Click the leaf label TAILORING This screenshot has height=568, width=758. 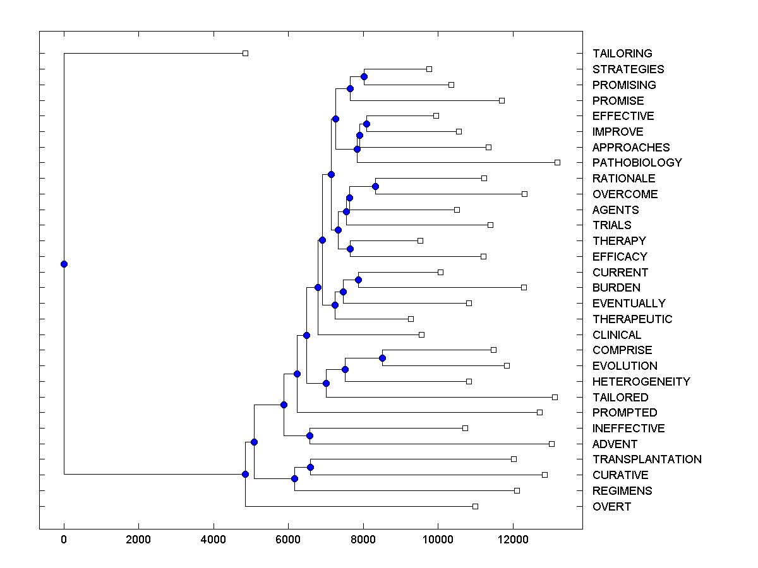pos(622,54)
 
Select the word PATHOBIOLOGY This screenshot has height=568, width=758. pos(637,163)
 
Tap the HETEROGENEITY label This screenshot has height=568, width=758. pos(641,382)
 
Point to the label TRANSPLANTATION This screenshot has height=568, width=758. pos(646,459)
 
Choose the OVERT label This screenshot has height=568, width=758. pos(611,507)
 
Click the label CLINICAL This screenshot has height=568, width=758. pos(617,335)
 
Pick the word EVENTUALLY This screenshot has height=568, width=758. pos(629,304)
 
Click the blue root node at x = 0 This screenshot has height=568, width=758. pos(64,264)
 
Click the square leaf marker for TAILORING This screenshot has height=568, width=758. pos(246,53)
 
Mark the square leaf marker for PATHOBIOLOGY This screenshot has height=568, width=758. pos(557,162)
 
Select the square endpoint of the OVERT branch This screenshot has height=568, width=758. pos(475,506)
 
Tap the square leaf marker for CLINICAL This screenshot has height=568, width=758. pos(421,334)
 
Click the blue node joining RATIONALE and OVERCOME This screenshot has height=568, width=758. pos(375,186)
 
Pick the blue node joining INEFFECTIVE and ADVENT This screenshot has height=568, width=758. pos(310,435)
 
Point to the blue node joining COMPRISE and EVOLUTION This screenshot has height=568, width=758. pos(382,358)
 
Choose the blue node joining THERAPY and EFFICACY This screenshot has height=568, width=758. pos(350,249)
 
